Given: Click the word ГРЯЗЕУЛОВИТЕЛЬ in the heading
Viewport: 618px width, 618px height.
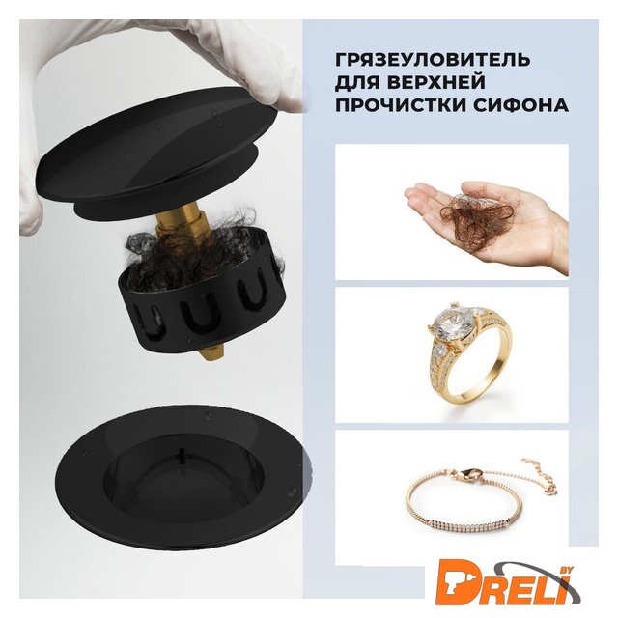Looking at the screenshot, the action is point(433,60).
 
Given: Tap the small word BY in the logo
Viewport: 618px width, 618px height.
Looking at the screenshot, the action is point(566,569).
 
